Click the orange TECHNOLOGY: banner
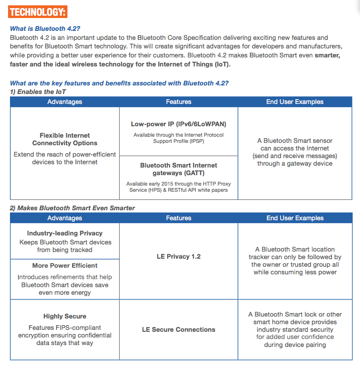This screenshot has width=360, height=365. (38, 11)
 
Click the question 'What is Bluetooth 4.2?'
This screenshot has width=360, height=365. (48, 28)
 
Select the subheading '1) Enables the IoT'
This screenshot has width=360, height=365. (38, 92)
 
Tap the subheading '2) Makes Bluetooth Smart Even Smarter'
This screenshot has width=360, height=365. (73, 208)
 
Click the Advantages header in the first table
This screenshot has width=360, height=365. (65, 102)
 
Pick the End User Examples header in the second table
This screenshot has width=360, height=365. (295, 218)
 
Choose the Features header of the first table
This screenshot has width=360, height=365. (179, 102)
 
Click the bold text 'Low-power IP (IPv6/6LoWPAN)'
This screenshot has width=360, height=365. (179, 124)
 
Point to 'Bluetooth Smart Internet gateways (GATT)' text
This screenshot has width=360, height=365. (179, 169)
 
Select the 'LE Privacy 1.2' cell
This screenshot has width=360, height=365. (179, 256)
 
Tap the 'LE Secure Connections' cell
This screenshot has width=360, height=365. (179, 329)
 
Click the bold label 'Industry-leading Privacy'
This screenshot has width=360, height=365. (65, 233)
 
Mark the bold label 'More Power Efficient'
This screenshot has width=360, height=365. (65, 265)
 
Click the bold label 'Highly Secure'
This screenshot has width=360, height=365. (65, 316)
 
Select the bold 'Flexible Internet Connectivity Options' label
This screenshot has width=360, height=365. (65, 139)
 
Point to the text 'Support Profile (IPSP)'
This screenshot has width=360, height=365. (179, 141)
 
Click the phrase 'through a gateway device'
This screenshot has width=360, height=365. (295, 164)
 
